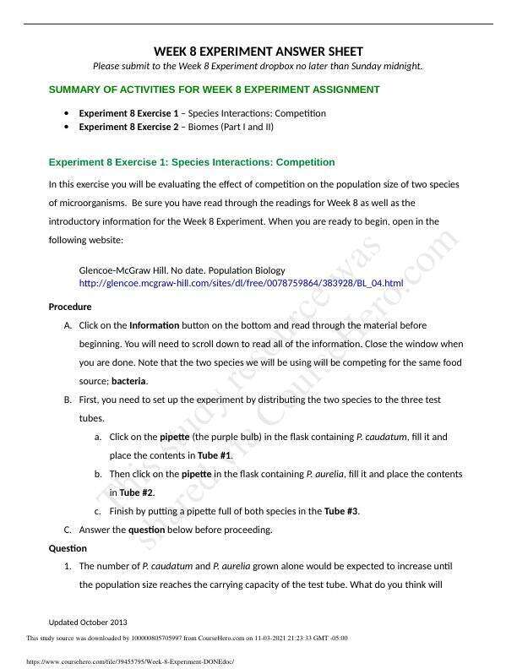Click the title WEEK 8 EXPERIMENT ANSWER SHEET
[x=258, y=52]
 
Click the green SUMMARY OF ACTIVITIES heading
[x=215, y=90]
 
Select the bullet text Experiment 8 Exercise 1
[x=128, y=113]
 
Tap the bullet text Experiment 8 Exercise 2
[x=128, y=127]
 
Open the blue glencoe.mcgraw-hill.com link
[x=241, y=283]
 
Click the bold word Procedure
[x=70, y=307]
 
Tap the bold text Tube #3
[x=341, y=511]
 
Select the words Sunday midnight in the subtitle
[x=390, y=67]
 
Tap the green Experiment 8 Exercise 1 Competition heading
[x=192, y=162]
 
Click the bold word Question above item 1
[x=68, y=548]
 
